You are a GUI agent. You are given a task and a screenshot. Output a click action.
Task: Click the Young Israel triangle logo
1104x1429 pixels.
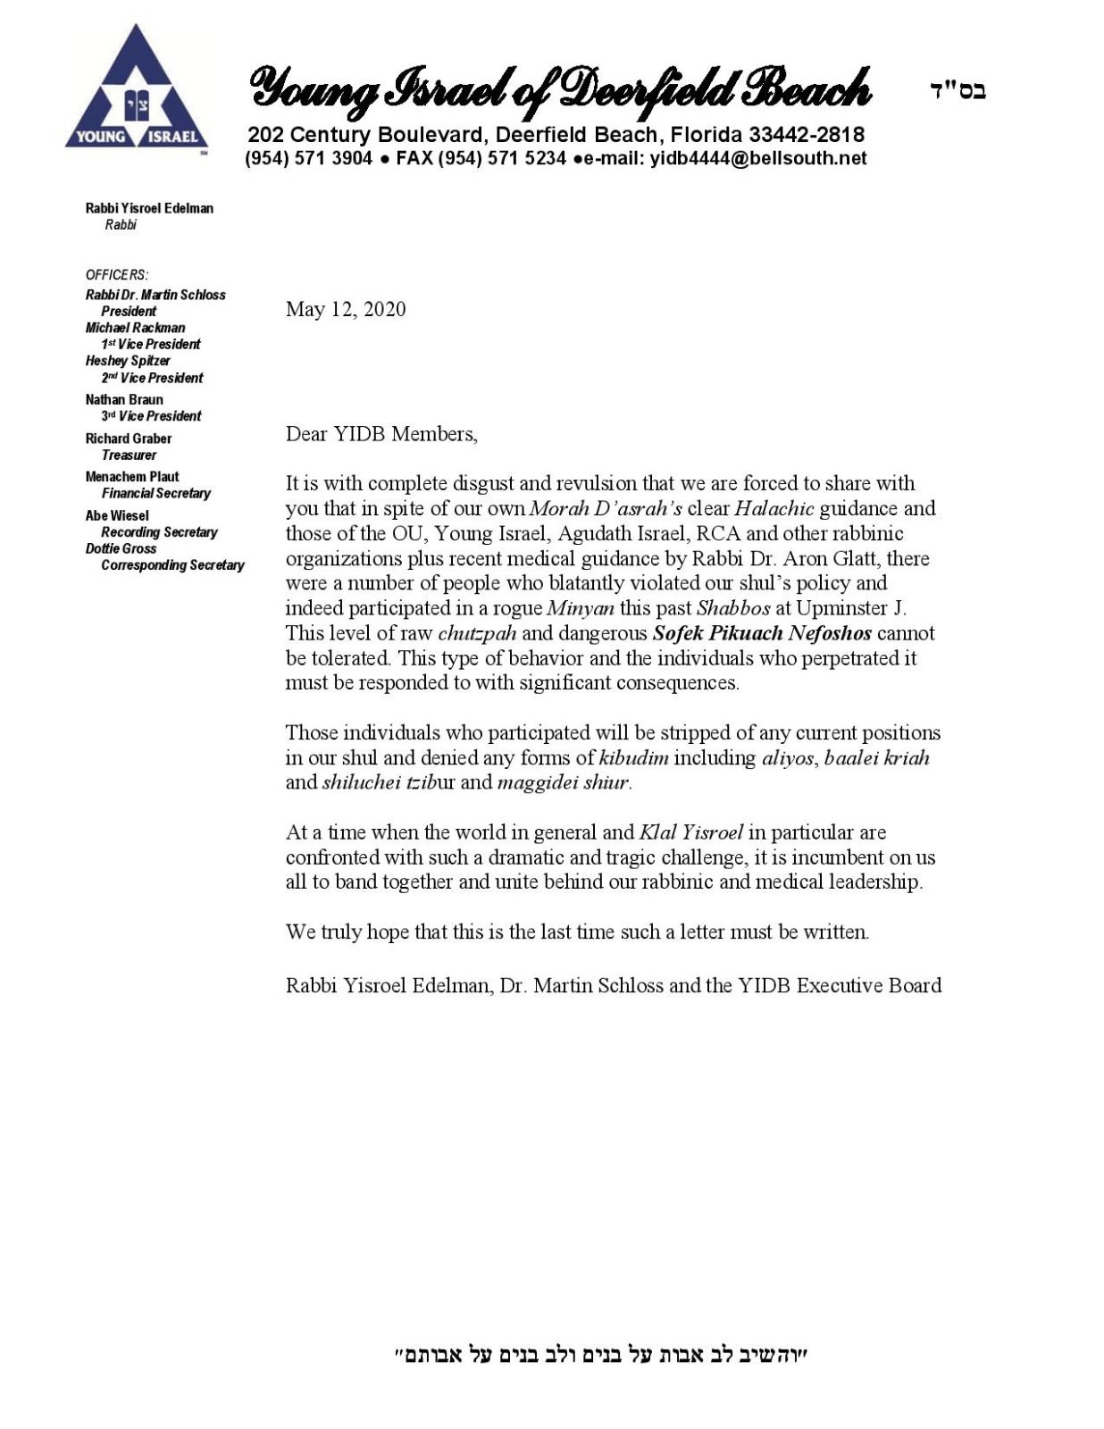[x=137, y=90]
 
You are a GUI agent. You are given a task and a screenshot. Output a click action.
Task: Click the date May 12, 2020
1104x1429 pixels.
[x=346, y=309]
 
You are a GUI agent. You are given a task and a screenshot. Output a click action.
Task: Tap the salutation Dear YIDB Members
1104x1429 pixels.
[x=381, y=434]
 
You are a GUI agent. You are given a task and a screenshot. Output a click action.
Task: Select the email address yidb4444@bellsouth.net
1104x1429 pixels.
[x=758, y=159]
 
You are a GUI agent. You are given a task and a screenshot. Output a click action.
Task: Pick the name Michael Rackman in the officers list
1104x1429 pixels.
[x=135, y=328]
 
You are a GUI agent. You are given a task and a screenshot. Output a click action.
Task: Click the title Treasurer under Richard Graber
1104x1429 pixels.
[x=129, y=455]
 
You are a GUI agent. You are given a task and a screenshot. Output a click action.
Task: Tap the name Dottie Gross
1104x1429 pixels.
[x=121, y=548]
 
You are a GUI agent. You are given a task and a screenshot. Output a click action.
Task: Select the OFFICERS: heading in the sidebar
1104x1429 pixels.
[x=117, y=275]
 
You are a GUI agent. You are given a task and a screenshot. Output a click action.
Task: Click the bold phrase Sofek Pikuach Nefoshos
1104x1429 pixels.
[x=762, y=633]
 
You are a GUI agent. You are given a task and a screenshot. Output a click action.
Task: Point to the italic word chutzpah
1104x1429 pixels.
[x=477, y=633]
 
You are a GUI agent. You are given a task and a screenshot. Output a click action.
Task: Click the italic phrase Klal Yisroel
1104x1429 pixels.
[x=691, y=832]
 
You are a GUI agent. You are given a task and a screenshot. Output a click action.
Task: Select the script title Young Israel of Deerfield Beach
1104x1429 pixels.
[x=560, y=90]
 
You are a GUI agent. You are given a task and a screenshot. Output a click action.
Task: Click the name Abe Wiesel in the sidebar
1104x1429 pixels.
[x=117, y=515]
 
